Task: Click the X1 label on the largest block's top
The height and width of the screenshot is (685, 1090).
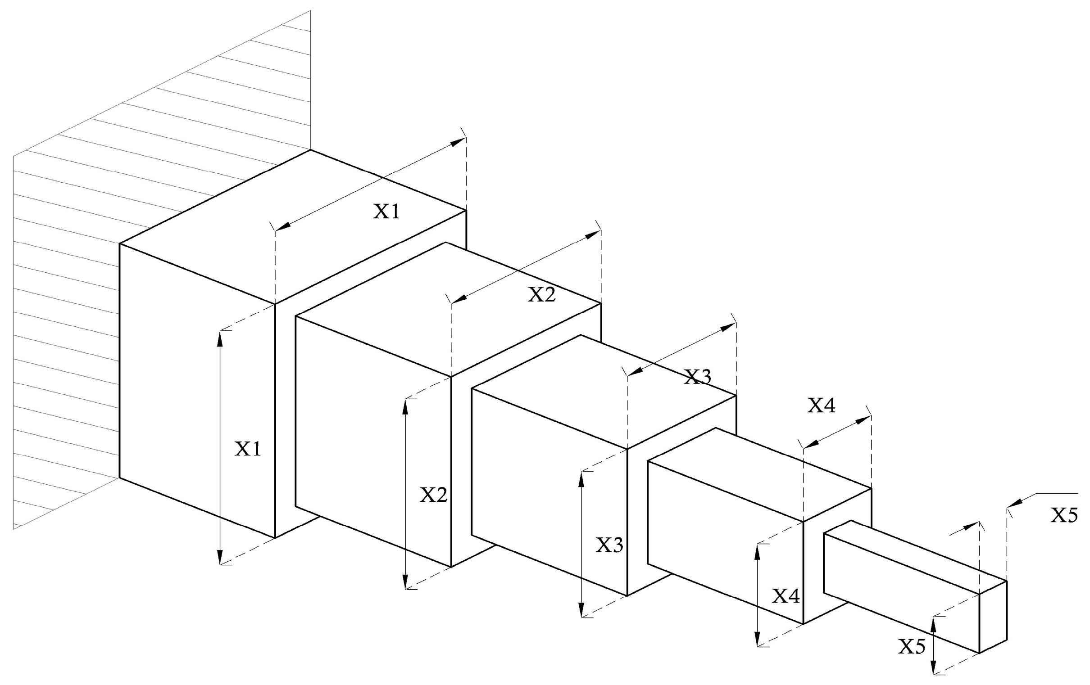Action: pos(386,211)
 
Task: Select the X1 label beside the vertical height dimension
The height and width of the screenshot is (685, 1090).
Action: pos(248,449)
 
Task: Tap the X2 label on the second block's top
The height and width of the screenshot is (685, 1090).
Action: pos(542,295)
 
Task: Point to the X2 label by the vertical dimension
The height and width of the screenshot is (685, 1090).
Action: pos(434,496)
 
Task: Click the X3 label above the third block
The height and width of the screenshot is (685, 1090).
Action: pos(698,376)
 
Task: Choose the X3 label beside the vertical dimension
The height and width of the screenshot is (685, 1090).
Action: pos(609,545)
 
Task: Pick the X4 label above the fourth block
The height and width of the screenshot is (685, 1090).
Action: pos(822,406)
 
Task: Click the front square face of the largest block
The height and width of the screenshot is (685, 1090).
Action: pos(197,389)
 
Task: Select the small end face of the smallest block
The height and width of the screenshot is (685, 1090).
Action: pos(993,617)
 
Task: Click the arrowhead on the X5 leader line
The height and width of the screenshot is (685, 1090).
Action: pos(1013,503)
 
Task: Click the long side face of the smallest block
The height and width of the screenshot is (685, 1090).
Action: pos(901,593)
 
